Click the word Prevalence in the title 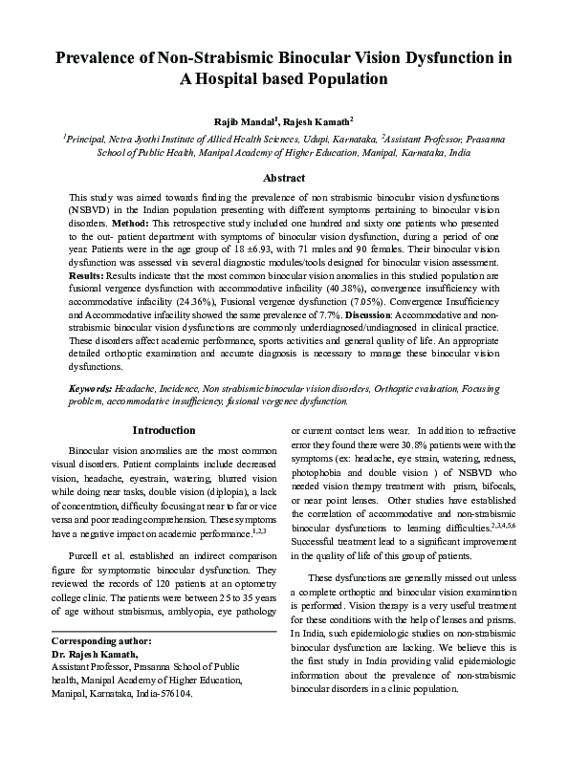97,57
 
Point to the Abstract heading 284,178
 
